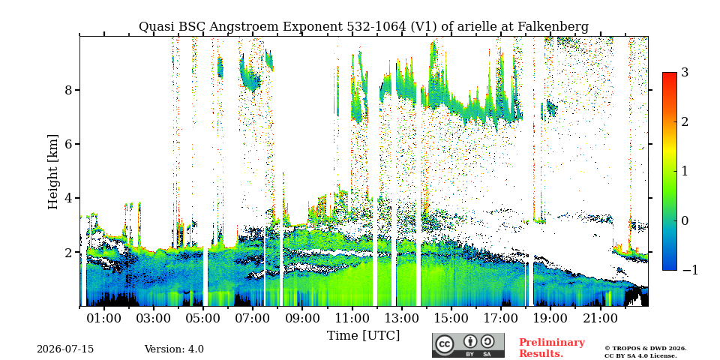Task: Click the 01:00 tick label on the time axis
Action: click(105, 318)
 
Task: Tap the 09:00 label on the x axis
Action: click(302, 318)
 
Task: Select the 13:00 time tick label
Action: click(402, 318)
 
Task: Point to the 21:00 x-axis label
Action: click(600, 318)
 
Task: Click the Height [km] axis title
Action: click(53, 172)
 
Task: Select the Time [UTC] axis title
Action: click(363, 336)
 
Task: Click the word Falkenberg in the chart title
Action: click(553, 27)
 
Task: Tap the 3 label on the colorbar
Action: click(685, 72)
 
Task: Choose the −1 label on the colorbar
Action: click(691, 270)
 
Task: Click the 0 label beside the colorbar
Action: click(685, 220)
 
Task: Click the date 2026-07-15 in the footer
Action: click(65, 349)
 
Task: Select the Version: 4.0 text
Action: click(174, 349)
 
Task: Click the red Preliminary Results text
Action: click(552, 348)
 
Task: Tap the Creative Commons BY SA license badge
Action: click(468, 345)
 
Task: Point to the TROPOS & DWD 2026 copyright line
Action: click(646, 349)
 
